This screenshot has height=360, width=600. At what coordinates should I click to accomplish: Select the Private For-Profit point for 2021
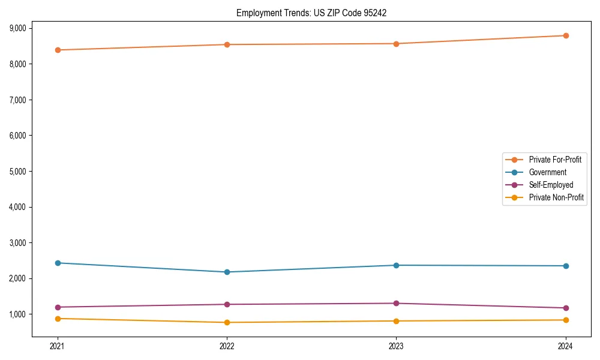[x=58, y=50]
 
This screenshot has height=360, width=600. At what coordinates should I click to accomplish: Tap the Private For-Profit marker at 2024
[x=566, y=35]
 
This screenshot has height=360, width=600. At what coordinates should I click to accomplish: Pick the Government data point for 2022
[x=227, y=272]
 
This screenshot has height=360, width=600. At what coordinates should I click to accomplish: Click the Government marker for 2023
[x=397, y=265]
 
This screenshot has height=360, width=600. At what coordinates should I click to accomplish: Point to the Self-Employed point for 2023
[x=397, y=303]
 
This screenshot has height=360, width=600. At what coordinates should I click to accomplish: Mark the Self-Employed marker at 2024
[x=566, y=308]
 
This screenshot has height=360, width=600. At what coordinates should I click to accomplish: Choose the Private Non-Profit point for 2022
[x=227, y=322]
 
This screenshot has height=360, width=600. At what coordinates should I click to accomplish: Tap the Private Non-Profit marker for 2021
[x=58, y=319]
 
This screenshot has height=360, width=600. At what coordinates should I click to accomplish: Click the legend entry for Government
[x=547, y=172]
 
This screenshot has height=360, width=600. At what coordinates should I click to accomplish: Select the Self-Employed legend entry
[x=551, y=185]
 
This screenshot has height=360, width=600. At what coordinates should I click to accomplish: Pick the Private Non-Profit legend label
[x=556, y=197]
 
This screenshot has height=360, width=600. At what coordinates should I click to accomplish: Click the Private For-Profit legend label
[x=555, y=160]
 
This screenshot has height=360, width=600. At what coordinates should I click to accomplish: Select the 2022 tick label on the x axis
[x=227, y=346]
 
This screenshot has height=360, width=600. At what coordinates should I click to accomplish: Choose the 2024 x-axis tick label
[x=566, y=346]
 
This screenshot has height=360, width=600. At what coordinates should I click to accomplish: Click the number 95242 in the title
[x=367, y=13]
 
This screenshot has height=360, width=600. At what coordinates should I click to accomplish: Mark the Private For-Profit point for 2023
[x=397, y=43]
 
